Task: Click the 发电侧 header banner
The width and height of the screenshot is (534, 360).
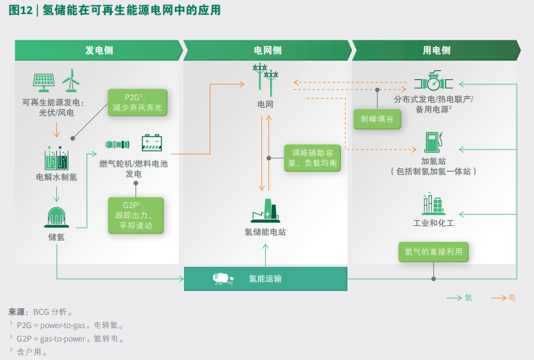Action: (x=99, y=50)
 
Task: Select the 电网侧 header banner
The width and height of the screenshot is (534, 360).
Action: (x=267, y=50)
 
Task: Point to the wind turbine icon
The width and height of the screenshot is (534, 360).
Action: (x=71, y=80)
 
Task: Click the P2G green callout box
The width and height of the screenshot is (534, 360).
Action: (x=137, y=103)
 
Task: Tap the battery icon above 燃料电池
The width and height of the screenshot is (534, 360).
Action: (x=152, y=142)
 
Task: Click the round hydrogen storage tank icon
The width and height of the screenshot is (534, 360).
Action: (x=57, y=217)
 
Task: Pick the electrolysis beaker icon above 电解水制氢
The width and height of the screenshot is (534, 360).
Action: (x=56, y=158)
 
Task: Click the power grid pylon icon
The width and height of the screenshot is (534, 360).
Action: (x=266, y=79)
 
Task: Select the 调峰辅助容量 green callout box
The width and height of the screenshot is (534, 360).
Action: (x=312, y=158)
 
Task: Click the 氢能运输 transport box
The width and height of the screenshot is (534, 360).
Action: (x=265, y=279)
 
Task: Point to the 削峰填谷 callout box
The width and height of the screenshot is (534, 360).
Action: (x=377, y=119)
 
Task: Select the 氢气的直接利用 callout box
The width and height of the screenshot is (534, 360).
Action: (x=433, y=251)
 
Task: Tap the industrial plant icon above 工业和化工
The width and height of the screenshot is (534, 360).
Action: (x=433, y=204)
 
